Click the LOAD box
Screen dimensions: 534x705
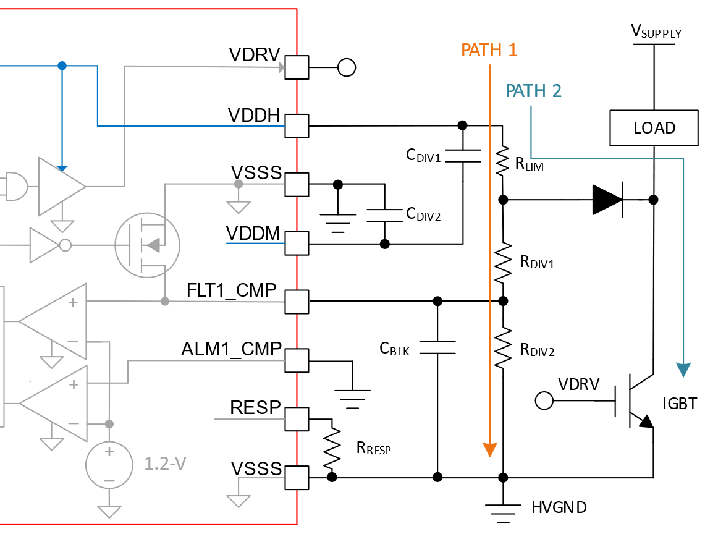pos(654,128)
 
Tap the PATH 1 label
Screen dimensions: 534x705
pos(489,50)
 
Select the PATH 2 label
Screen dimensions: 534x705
pos(533,91)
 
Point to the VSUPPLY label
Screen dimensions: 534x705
pos(656,32)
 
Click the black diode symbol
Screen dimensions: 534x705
pos(607,200)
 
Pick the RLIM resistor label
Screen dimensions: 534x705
pos(529,164)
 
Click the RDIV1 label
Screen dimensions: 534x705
pos(537,263)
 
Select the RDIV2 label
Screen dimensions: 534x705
pos(537,350)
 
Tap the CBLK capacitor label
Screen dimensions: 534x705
pos(394,349)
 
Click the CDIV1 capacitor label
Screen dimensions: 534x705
pos(423,156)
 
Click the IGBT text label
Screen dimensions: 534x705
pos(679,404)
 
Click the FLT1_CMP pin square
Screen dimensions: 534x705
pos(297,302)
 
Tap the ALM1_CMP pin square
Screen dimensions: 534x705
pos(297,360)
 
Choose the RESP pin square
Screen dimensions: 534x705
pos(297,419)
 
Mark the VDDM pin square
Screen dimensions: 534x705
pos(297,244)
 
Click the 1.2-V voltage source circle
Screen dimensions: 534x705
pos(109,464)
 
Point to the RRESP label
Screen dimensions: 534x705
pos(373,449)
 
